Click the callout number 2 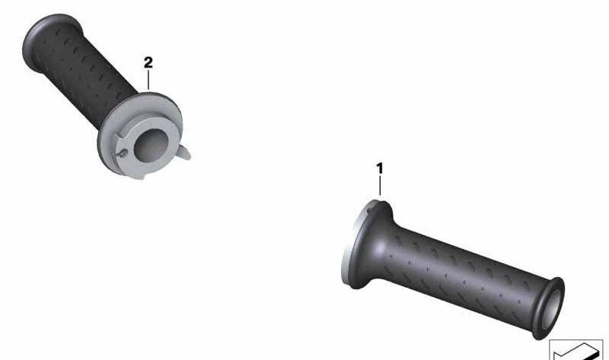point(148,62)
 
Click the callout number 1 point(379,168)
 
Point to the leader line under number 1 point(380,186)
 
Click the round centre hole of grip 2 point(151,145)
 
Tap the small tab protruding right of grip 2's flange point(184,153)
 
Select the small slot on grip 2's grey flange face point(122,154)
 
